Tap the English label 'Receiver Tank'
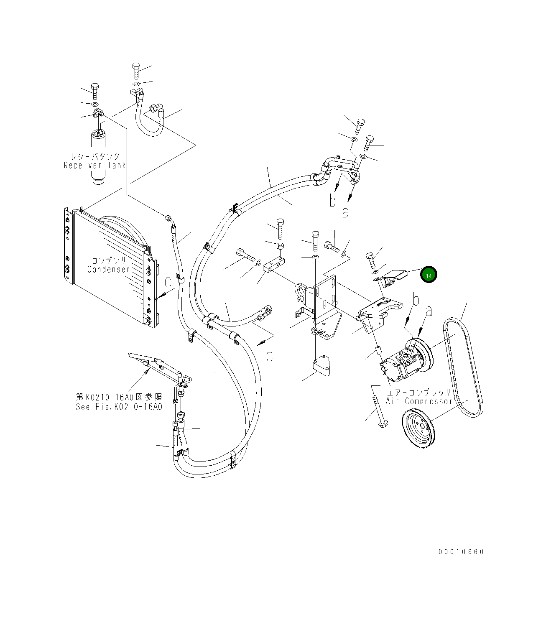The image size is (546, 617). point(94,165)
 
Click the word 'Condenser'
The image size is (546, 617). point(109,269)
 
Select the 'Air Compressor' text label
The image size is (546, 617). point(419,401)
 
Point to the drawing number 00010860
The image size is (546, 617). point(461,552)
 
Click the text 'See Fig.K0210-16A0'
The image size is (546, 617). point(119,407)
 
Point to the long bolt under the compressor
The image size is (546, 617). point(378,412)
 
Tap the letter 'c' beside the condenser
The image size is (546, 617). point(168,283)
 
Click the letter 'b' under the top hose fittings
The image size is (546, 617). point(332,201)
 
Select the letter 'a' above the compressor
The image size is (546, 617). point(428,311)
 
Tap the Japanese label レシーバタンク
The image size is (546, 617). point(95,156)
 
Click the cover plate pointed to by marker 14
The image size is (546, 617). point(393,276)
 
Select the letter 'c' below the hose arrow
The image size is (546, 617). point(270,356)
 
